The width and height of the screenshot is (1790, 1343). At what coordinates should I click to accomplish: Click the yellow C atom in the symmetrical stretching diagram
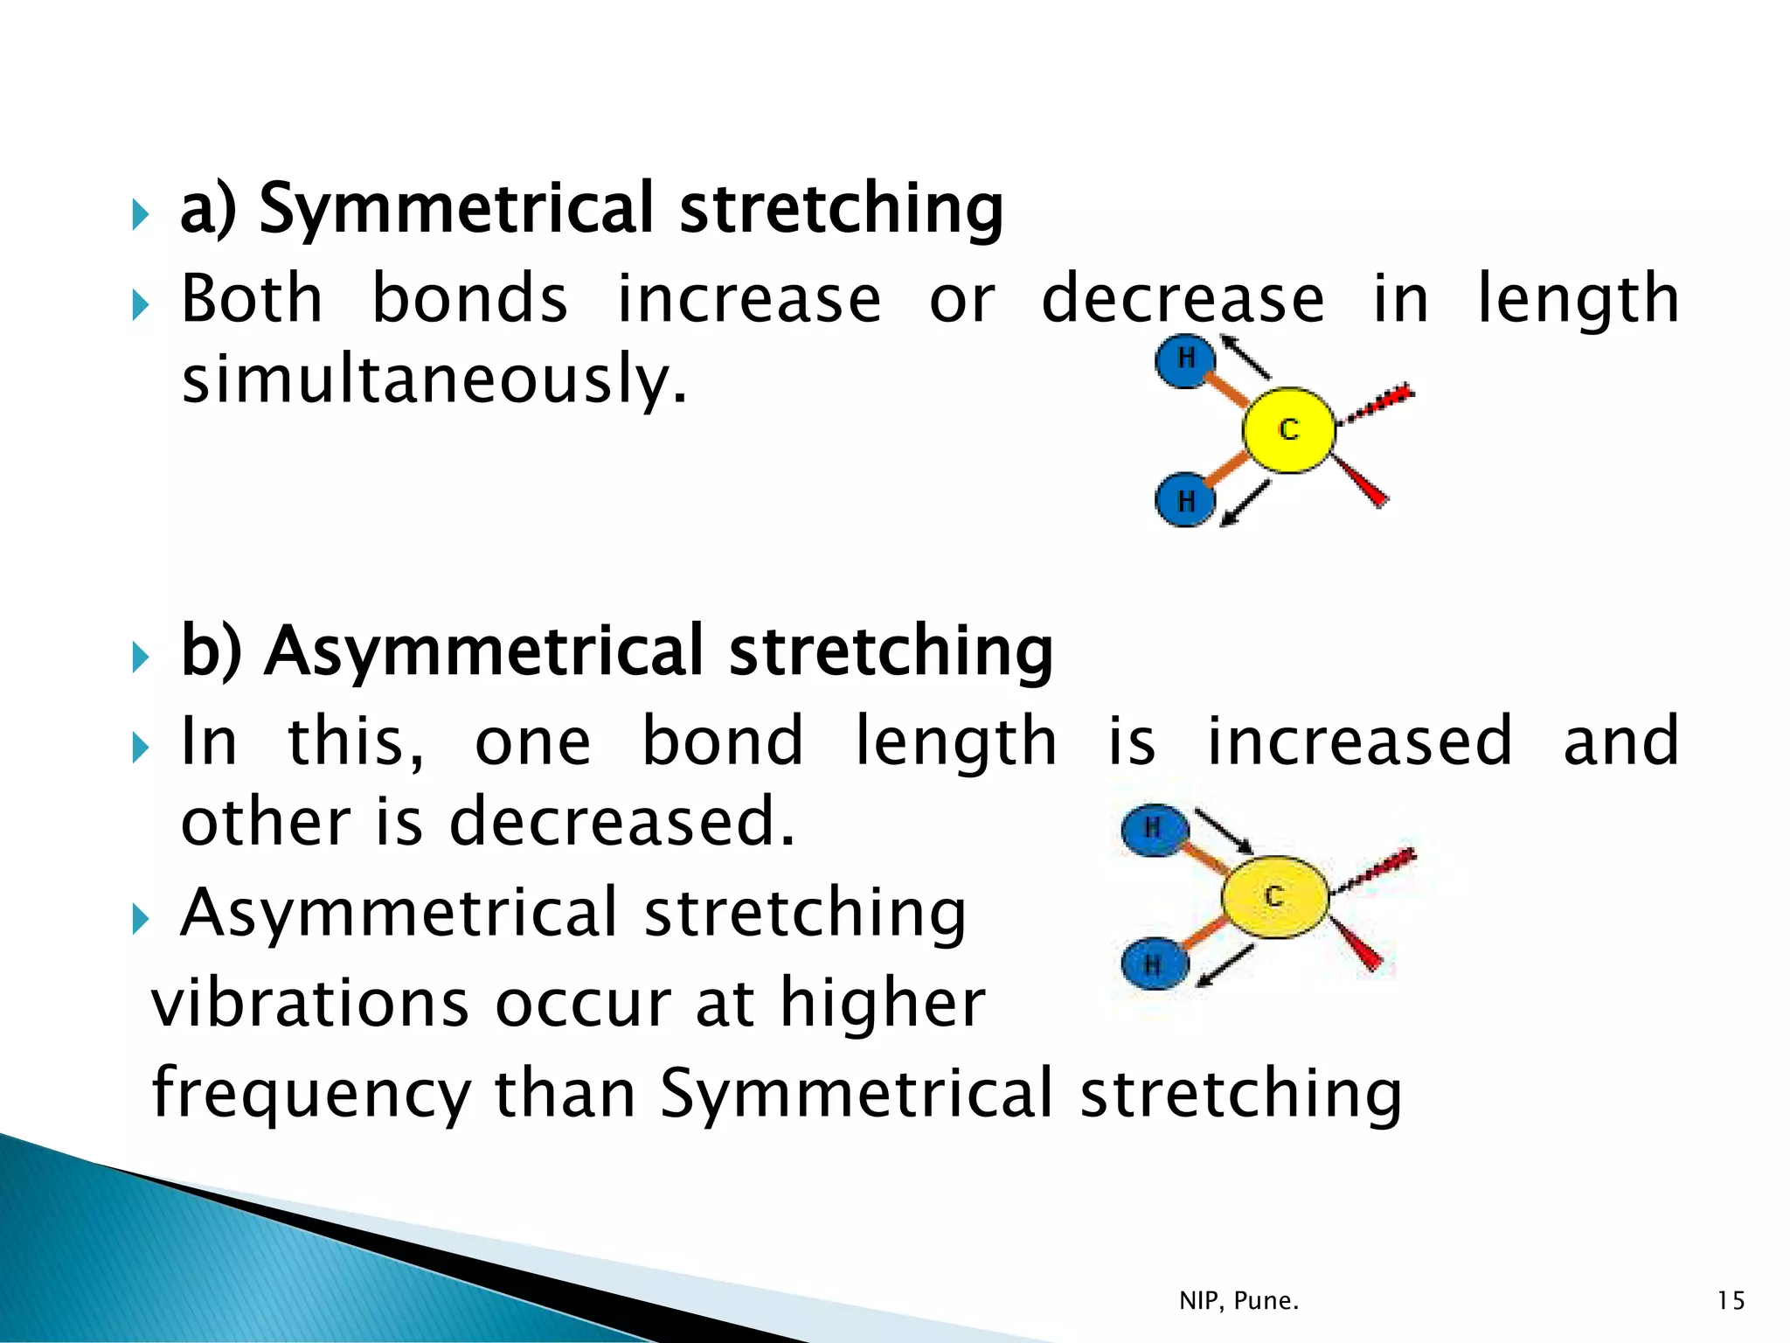tap(1288, 430)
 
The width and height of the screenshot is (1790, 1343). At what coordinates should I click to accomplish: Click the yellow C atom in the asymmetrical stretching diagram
tap(1274, 897)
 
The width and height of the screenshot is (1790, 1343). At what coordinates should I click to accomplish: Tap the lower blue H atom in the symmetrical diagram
tap(1185, 500)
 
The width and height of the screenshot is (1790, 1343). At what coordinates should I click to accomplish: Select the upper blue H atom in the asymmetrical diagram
tap(1154, 829)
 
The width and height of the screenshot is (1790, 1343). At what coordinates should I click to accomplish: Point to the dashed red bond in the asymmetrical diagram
tap(1376, 871)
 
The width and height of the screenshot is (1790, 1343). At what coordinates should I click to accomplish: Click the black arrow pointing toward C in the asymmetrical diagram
tap(1224, 832)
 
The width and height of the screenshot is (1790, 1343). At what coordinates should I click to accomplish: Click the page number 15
tap(1731, 1301)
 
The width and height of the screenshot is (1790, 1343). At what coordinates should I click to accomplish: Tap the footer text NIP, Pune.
tap(1238, 1301)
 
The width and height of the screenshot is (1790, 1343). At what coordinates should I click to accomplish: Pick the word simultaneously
tap(434, 379)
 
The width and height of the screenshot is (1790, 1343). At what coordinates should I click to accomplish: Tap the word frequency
tap(311, 1095)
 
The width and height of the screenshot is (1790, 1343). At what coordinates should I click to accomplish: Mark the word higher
tap(882, 1004)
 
